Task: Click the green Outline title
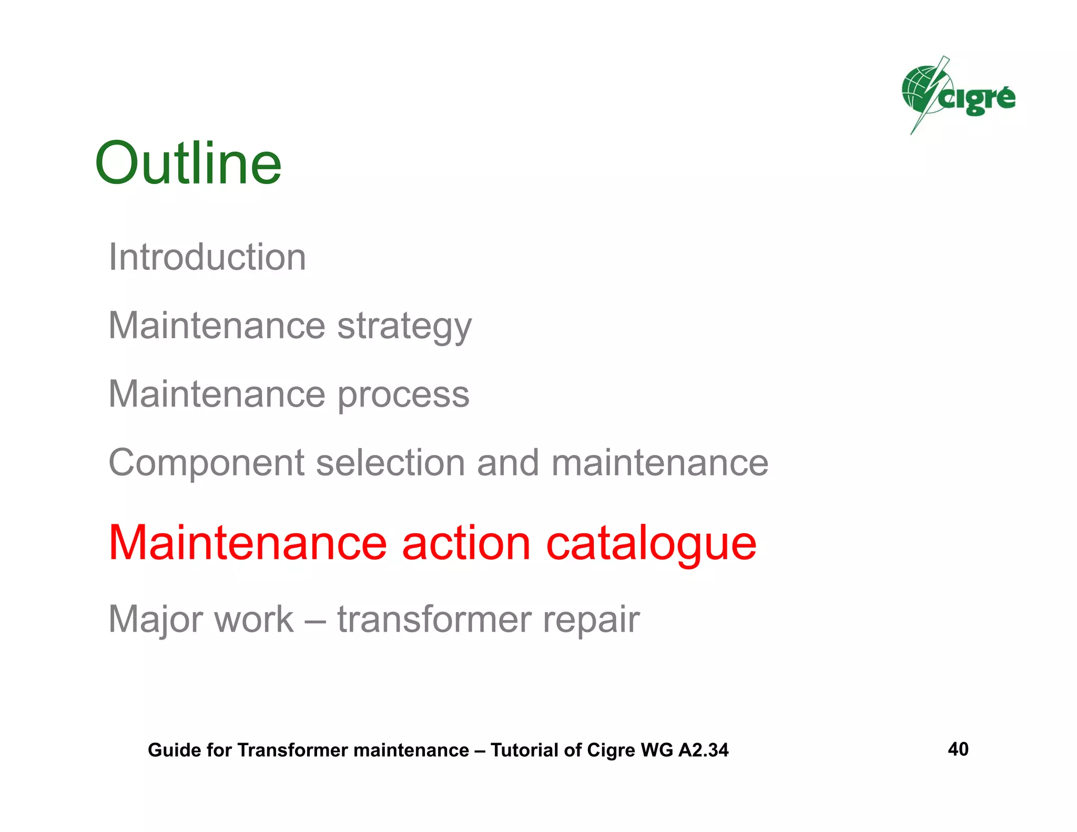188,164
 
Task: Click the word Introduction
207,257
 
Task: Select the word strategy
404,327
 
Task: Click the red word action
466,543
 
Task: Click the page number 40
958,749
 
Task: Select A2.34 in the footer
703,750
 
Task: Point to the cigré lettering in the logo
978,99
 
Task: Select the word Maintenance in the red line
247,543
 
